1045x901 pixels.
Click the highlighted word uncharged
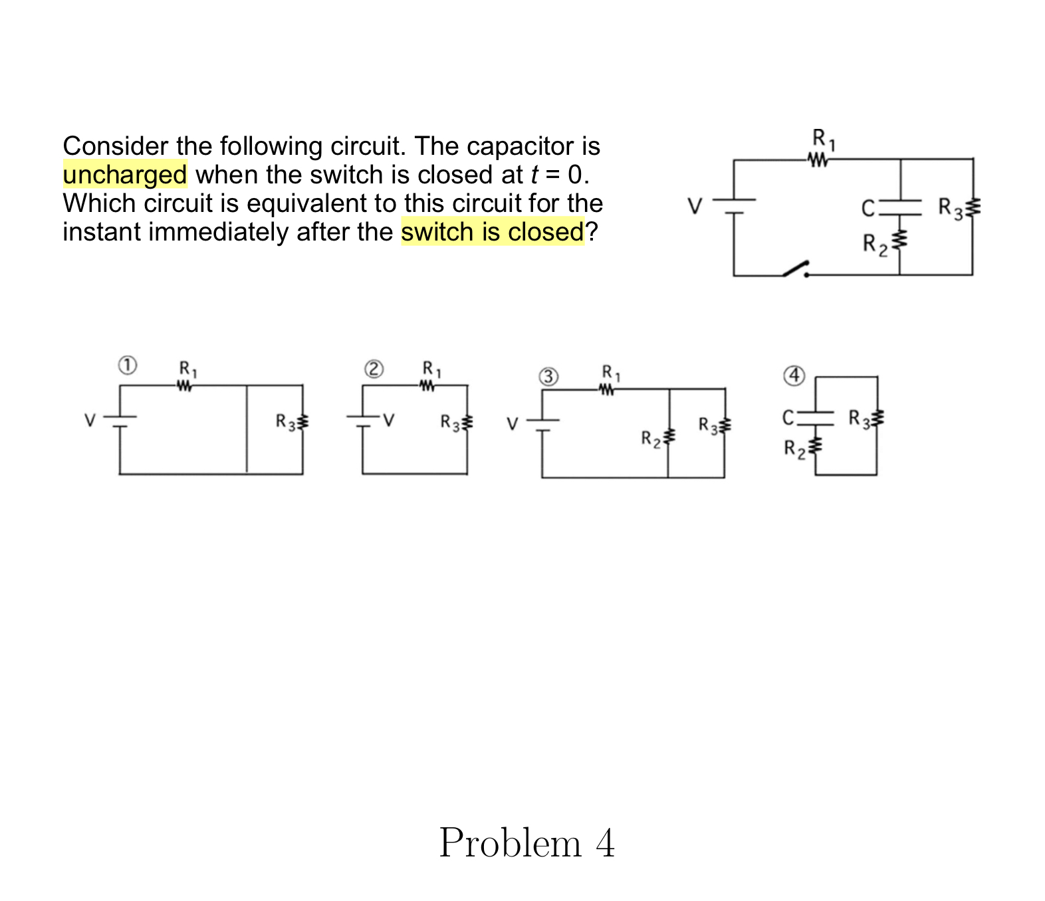(x=125, y=175)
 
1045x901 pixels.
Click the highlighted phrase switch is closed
(x=492, y=232)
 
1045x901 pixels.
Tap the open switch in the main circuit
(x=796, y=268)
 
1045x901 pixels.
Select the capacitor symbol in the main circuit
(x=900, y=208)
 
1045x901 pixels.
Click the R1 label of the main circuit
(x=824, y=139)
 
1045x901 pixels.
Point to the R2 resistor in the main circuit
(x=900, y=239)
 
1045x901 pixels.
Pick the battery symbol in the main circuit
(x=734, y=206)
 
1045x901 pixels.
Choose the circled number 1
(x=127, y=365)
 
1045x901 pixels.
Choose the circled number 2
(x=374, y=369)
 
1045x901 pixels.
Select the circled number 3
(x=548, y=377)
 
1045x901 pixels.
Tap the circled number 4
(x=794, y=375)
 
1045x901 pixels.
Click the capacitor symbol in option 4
(x=816, y=417)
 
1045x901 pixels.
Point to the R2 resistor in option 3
(x=669, y=437)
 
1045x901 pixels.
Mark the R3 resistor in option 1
(x=303, y=421)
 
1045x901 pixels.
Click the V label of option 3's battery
(x=512, y=424)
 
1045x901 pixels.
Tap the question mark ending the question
(x=592, y=232)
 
